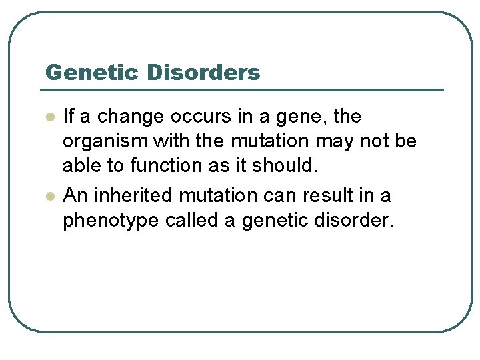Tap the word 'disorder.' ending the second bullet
pos(359,221)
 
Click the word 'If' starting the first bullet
pos(68,117)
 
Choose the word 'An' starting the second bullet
pos(72,196)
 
